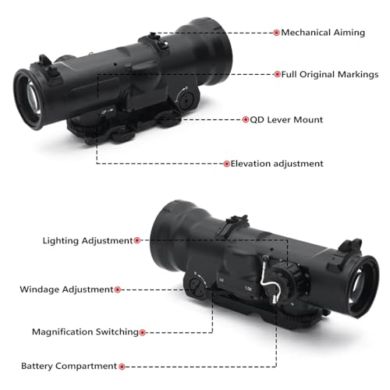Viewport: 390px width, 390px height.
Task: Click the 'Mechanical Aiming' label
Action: [323, 33]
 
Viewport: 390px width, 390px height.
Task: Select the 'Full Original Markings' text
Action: [330, 75]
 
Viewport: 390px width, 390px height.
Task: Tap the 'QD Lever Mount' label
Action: [286, 120]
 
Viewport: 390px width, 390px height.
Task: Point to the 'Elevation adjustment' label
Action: [277, 164]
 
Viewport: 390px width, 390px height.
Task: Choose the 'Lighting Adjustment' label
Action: [87, 241]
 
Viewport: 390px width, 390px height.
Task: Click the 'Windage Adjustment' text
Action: [66, 289]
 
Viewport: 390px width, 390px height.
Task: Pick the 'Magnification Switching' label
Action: [85, 332]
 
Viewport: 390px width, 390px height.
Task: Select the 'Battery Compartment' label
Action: [69, 366]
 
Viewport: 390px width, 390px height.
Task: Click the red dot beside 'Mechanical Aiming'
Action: [276, 33]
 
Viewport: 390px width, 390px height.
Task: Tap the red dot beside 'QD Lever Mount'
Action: [246, 119]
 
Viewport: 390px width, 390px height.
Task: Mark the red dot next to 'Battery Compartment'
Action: [122, 367]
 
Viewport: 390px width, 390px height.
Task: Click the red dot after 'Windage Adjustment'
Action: [118, 289]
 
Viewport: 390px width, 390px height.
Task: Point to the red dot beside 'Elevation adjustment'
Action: [226, 164]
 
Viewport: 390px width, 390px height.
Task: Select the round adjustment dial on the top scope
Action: [186, 100]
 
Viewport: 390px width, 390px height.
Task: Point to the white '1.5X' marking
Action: [248, 289]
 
